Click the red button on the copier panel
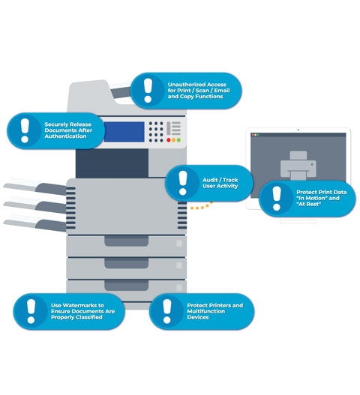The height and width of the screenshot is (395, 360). coord(169,140)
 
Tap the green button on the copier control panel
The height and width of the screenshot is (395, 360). coord(178,140)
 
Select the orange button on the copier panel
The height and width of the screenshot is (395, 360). coord(174,140)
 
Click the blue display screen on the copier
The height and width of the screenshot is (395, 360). coord(124,132)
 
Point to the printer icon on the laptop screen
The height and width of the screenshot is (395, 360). coord(298,165)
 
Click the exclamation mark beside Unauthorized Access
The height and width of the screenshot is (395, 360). coord(148,90)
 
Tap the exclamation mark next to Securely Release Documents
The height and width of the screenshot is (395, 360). coord(25,130)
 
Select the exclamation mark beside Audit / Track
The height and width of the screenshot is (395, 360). coord(183,183)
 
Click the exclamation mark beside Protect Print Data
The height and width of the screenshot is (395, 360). coord(277,199)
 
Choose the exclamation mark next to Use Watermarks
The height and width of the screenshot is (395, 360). coord(31,311)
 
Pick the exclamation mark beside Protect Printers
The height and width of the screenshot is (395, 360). coord(167,311)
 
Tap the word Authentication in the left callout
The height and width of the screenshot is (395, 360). coord(65,136)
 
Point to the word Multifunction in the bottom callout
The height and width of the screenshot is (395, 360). coord(206,311)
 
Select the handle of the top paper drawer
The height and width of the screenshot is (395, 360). coord(126,241)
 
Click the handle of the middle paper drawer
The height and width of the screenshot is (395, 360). coord(126,263)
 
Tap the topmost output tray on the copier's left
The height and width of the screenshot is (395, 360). coord(35,187)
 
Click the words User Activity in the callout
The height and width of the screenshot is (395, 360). coord(220,186)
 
